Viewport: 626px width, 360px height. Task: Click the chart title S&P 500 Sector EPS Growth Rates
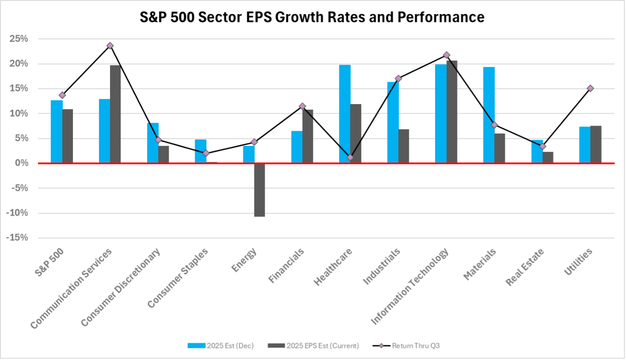(313, 17)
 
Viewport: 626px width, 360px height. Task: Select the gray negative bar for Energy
(259, 190)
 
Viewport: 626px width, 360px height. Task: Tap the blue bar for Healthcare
(345, 114)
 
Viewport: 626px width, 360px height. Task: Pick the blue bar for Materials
(489, 115)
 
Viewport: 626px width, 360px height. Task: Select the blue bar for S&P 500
(56, 131)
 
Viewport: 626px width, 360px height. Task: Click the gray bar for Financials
(308, 136)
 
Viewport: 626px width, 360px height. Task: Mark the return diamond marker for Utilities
(590, 88)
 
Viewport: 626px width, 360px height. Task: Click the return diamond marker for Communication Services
(110, 45)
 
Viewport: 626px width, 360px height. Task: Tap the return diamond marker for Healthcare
(350, 157)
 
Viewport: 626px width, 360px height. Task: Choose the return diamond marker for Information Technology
(446, 55)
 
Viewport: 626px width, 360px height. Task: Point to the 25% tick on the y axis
(19, 39)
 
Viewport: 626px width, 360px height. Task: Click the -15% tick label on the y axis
(17, 238)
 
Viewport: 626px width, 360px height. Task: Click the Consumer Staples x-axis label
(179, 277)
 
